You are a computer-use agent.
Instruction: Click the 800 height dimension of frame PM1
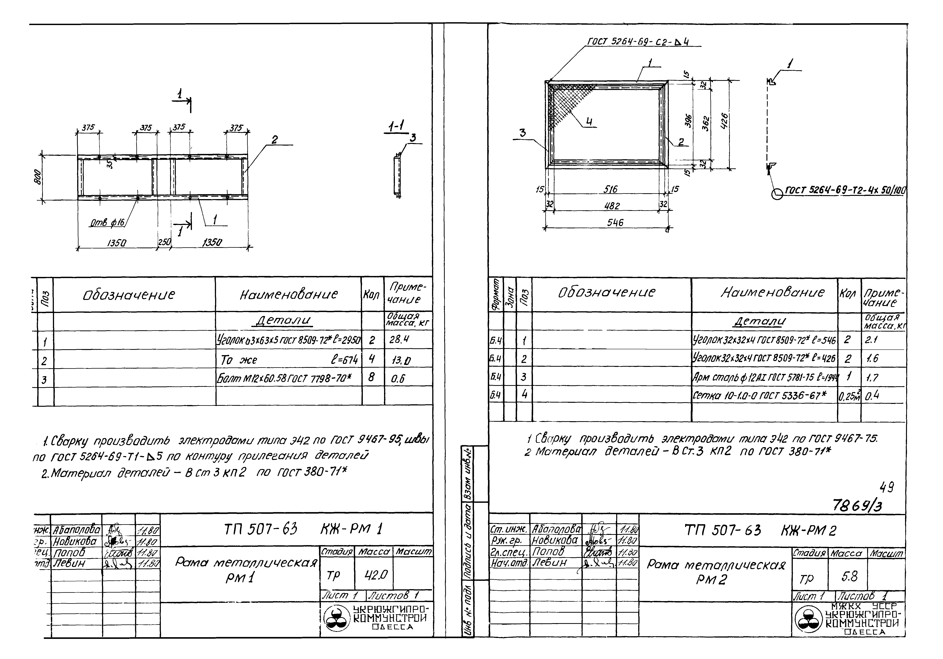click(38, 177)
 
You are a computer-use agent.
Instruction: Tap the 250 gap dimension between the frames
click(164, 243)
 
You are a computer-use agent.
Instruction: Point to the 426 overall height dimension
click(725, 122)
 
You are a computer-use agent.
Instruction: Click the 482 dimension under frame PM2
click(611, 206)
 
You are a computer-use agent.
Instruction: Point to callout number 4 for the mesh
click(589, 122)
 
